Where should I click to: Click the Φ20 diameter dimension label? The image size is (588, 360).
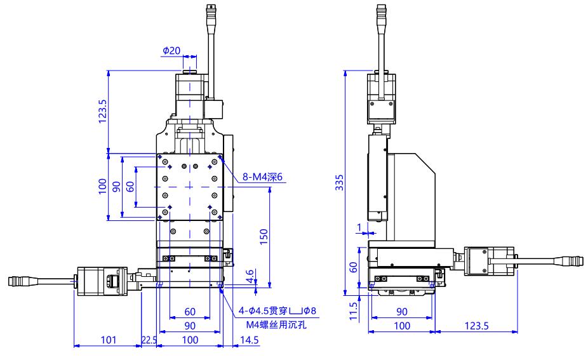click(x=171, y=50)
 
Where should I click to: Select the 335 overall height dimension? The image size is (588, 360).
click(x=339, y=182)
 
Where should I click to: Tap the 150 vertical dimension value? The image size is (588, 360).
click(x=264, y=237)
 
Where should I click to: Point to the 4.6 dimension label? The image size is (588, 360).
click(x=250, y=276)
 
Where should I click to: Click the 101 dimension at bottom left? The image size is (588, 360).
click(x=109, y=340)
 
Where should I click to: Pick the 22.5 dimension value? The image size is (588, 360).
click(x=149, y=340)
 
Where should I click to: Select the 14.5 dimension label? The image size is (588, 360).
click(x=250, y=340)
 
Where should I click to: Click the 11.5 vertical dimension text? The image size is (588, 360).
click(x=354, y=311)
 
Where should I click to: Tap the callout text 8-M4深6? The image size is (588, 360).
click(x=262, y=177)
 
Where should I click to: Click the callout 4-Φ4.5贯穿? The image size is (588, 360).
click(x=264, y=310)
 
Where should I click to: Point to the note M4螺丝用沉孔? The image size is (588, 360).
click(x=276, y=324)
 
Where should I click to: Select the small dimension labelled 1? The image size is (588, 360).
click(x=359, y=227)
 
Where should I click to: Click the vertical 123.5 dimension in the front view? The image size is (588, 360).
click(x=102, y=111)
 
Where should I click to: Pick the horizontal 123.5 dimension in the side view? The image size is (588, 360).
click(x=477, y=326)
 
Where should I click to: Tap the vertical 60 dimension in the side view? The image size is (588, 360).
click(x=354, y=267)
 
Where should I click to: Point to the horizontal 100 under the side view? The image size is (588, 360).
click(x=401, y=326)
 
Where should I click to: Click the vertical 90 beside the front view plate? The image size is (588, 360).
click(x=117, y=187)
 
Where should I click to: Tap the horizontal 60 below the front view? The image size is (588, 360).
click(x=190, y=312)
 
